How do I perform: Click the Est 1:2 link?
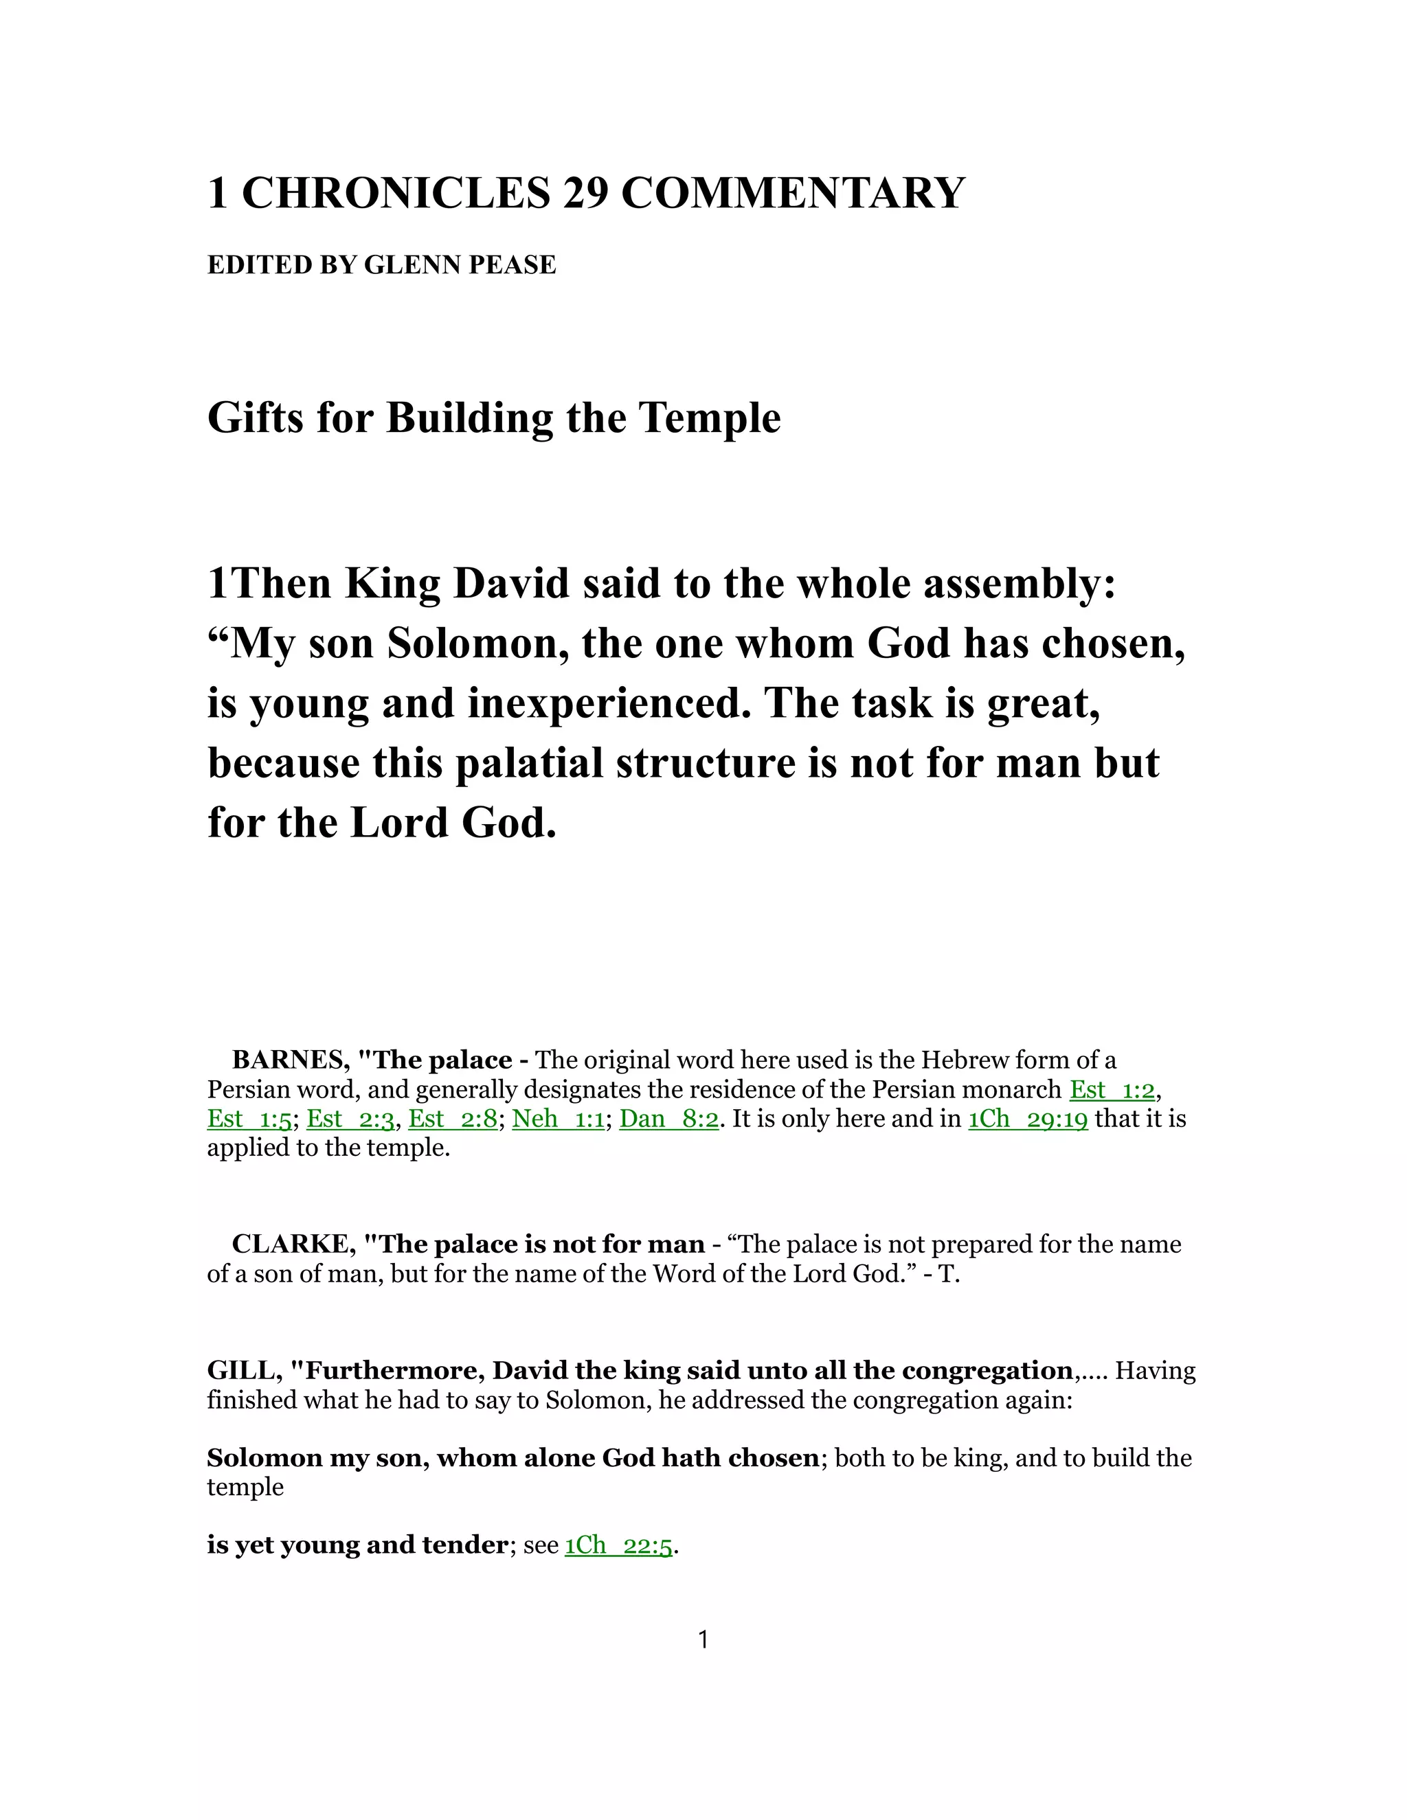1112,1089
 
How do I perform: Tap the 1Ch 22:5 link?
618,1545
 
